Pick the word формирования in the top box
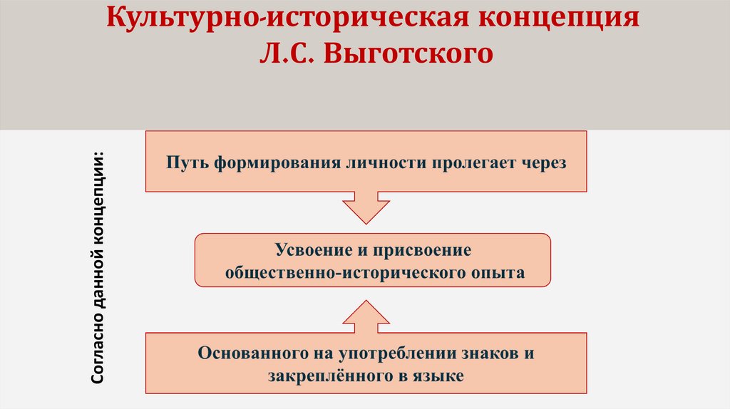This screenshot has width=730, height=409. (x=264, y=162)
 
